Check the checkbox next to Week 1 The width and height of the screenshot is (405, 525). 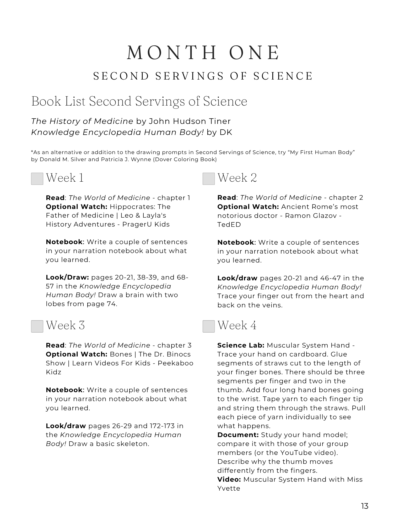tap(37, 179)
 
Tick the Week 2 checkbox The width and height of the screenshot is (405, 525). tap(208, 179)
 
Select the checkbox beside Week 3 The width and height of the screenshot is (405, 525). tap(37, 326)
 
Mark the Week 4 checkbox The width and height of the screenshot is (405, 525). tap(208, 326)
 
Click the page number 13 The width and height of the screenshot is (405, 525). tap(365, 506)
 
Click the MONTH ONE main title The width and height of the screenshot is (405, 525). tap(203, 53)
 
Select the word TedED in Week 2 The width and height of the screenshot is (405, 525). tap(229, 224)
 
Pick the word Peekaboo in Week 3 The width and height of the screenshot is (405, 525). tap(175, 363)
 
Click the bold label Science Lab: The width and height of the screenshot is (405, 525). tap(241, 345)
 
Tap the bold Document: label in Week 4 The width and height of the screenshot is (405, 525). tap(238, 435)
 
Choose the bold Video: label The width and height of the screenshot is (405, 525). tap(229, 479)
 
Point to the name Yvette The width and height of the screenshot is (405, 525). tap(229, 488)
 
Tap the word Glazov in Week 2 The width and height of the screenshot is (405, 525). tap(324, 216)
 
